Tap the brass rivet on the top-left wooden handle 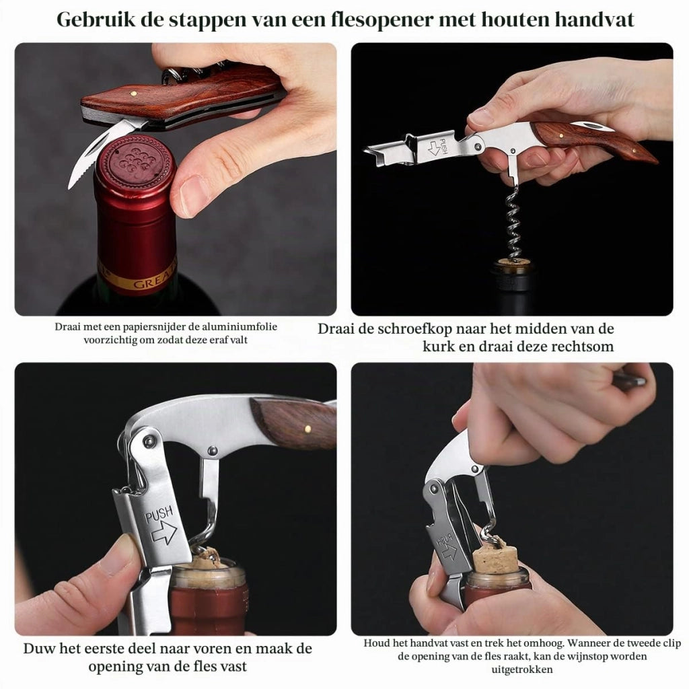click(134, 93)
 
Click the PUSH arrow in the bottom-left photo click(164, 533)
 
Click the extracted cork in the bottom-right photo click(496, 558)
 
